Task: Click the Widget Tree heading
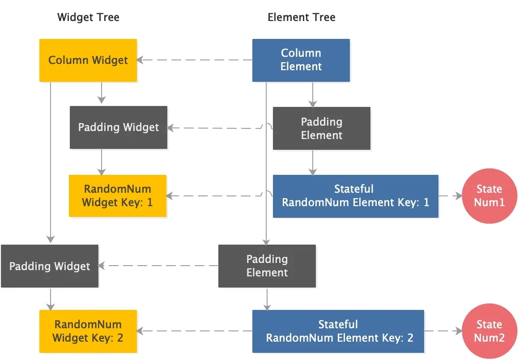click(88, 18)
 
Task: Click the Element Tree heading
click(301, 18)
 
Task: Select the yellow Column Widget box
click(88, 60)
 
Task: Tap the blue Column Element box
click(301, 60)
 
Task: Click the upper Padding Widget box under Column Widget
click(119, 127)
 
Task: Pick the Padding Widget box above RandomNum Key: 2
click(50, 266)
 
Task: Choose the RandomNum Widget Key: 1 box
click(117, 196)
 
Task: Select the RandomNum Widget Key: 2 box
click(88, 331)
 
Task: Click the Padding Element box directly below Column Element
click(322, 128)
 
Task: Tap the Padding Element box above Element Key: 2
click(267, 266)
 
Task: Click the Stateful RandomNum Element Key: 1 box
click(356, 196)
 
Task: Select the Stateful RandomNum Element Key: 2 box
click(338, 331)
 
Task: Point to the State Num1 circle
click(489, 196)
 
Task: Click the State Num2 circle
click(489, 331)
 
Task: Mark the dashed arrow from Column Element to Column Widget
click(195, 60)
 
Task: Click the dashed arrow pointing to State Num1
click(450, 196)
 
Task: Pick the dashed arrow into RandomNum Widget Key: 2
click(195, 331)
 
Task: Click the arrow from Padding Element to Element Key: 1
click(313, 162)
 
